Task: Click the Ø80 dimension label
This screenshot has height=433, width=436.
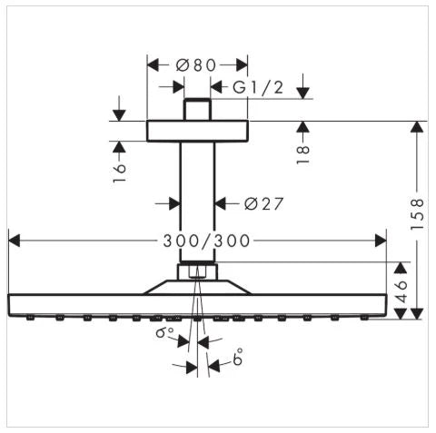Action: (x=196, y=64)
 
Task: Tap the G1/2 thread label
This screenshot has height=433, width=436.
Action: (x=258, y=87)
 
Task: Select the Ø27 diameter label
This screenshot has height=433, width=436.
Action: (x=263, y=203)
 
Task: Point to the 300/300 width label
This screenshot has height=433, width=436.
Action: (x=206, y=241)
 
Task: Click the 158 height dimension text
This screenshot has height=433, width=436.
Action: (x=417, y=213)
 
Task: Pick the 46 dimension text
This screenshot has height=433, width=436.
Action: (x=401, y=291)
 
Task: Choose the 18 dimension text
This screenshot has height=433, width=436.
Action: (x=302, y=154)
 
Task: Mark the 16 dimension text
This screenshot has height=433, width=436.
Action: (x=119, y=172)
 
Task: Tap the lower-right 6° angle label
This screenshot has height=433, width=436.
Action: (x=238, y=357)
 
